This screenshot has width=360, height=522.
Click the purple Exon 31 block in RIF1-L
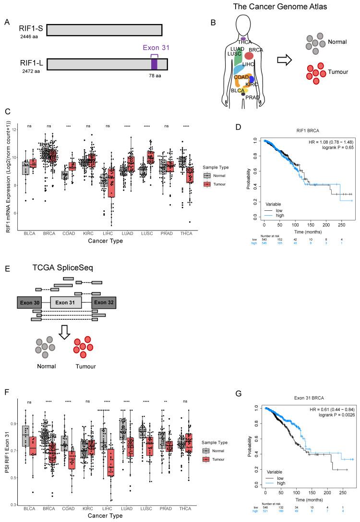click(154, 64)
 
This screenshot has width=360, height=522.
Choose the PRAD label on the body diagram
click(252, 97)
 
